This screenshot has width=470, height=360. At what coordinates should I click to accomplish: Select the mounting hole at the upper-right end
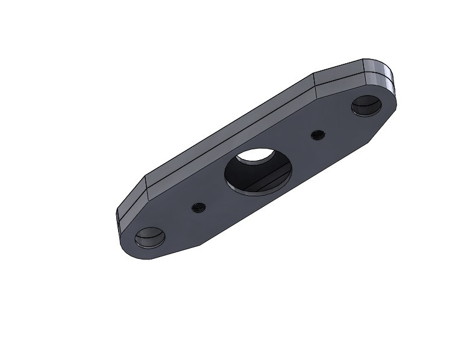[x=366, y=106]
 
